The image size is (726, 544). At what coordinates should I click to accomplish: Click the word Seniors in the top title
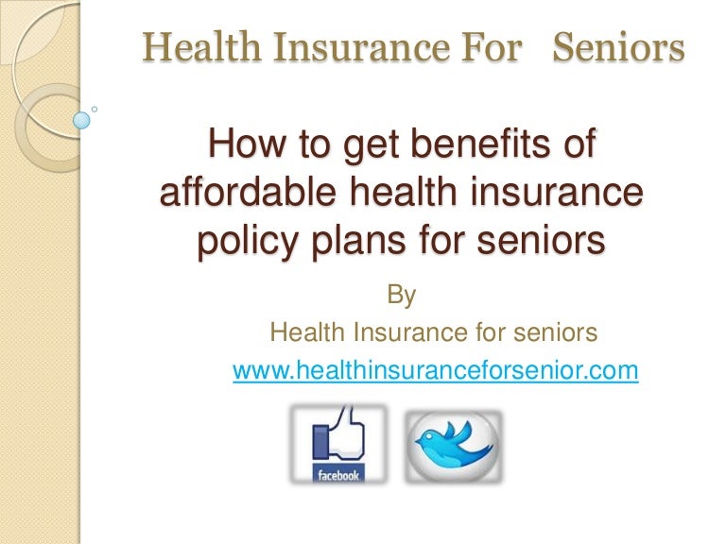618,47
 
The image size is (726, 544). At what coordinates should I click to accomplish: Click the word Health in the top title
201,47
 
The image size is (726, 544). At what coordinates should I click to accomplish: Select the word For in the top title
492,47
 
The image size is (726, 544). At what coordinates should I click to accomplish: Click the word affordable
248,192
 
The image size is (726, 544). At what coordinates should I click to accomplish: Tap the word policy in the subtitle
248,242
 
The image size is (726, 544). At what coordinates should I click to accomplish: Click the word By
402,295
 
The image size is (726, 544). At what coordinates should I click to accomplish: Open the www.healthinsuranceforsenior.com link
435,370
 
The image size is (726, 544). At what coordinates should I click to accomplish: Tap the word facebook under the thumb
338,475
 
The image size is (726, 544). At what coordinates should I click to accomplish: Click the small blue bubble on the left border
81,120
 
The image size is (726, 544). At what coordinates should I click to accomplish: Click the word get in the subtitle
371,146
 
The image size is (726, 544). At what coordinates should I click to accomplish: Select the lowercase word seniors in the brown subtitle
542,241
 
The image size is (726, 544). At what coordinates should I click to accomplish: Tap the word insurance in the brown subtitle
557,192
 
